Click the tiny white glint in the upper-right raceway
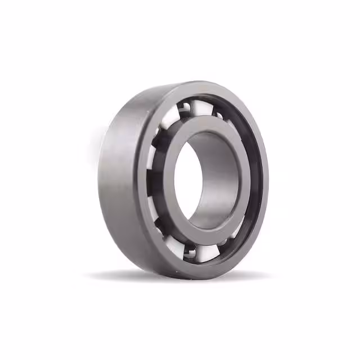point(221,115)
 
